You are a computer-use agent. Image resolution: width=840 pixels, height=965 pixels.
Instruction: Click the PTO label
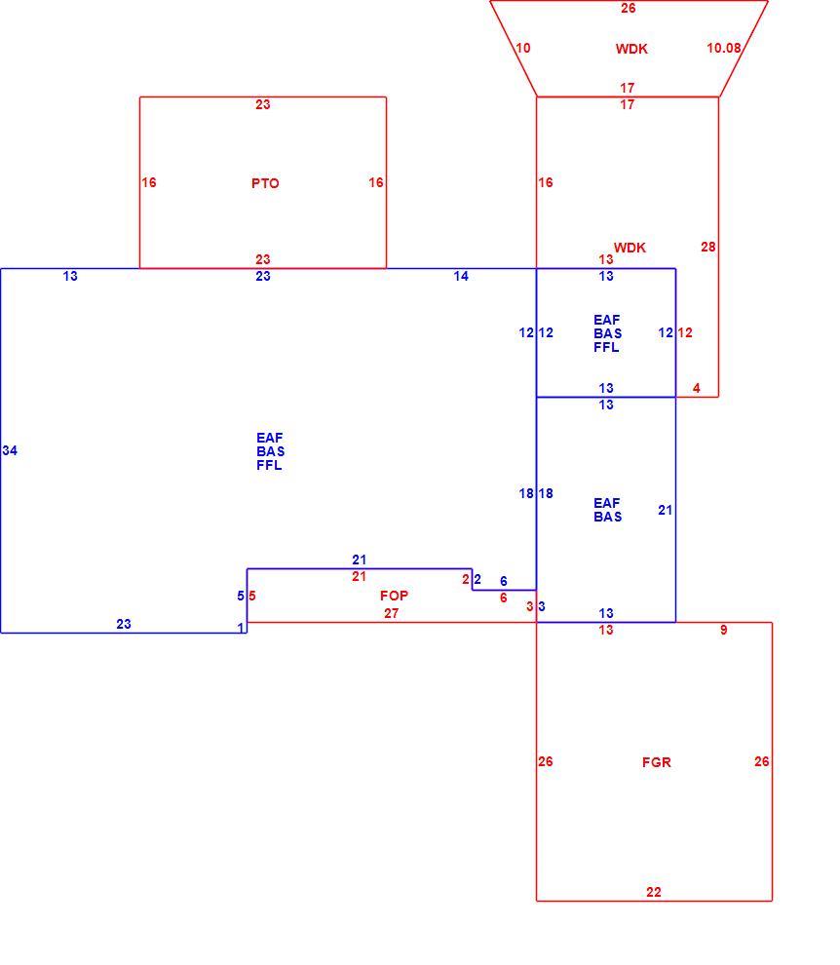point(265,183)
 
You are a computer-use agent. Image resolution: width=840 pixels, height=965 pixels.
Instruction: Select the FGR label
point(656,762)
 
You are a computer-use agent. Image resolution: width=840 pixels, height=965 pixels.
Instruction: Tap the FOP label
point(394,596)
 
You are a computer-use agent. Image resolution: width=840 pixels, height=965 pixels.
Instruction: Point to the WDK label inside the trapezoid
point(631,50)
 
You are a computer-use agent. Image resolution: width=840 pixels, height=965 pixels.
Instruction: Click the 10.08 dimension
point(724,48)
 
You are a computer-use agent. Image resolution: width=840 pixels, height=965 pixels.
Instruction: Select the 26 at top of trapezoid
point(629,8)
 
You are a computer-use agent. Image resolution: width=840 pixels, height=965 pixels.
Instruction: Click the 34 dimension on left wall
point(10,450)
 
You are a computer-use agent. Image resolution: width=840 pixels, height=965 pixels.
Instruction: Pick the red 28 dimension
point(708,247)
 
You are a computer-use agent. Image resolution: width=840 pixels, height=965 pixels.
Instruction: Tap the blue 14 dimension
point(461,276)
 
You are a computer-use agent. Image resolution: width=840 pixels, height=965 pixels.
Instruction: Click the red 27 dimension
point(392,613)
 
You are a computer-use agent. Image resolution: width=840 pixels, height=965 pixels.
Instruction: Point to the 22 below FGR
point(654,892)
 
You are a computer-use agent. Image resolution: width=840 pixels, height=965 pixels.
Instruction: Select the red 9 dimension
point(724,631)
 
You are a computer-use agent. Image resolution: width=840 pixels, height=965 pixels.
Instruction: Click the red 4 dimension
point(697,388)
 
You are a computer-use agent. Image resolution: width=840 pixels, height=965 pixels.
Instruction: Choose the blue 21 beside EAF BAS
point(666,510)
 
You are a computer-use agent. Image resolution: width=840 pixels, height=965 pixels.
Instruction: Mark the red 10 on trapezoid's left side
point(523,48)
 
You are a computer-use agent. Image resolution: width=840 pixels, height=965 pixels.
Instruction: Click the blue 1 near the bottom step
point(241,628)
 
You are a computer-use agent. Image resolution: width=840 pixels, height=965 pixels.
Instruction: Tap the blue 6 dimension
point(504,581)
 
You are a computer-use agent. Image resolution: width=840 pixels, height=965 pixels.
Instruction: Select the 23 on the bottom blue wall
point(124,624)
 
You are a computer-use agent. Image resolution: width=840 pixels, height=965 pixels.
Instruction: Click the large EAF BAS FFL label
point(270,451)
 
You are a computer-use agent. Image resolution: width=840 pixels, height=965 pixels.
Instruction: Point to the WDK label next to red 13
point(630,248)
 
